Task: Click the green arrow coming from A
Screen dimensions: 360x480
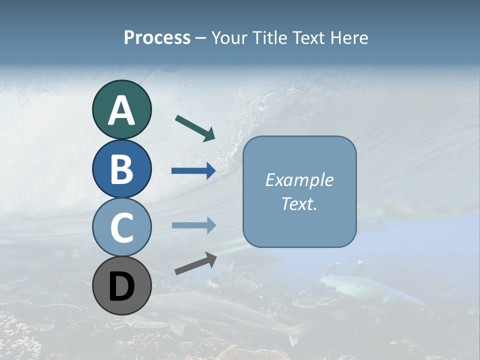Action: pos(195,128)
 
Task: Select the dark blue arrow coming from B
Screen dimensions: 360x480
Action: pos(193,171)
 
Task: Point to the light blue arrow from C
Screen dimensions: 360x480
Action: pos(193,225)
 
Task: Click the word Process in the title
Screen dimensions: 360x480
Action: pos(157,37)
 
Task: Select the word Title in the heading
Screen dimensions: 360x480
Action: pos(269,37)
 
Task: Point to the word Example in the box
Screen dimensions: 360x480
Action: pos(299,180)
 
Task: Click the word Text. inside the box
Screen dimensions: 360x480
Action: pos(299,203)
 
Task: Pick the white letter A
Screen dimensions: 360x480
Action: pos(121,110)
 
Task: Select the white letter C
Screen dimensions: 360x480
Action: pos(121,227)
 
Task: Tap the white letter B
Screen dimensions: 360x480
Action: pos(121,169)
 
